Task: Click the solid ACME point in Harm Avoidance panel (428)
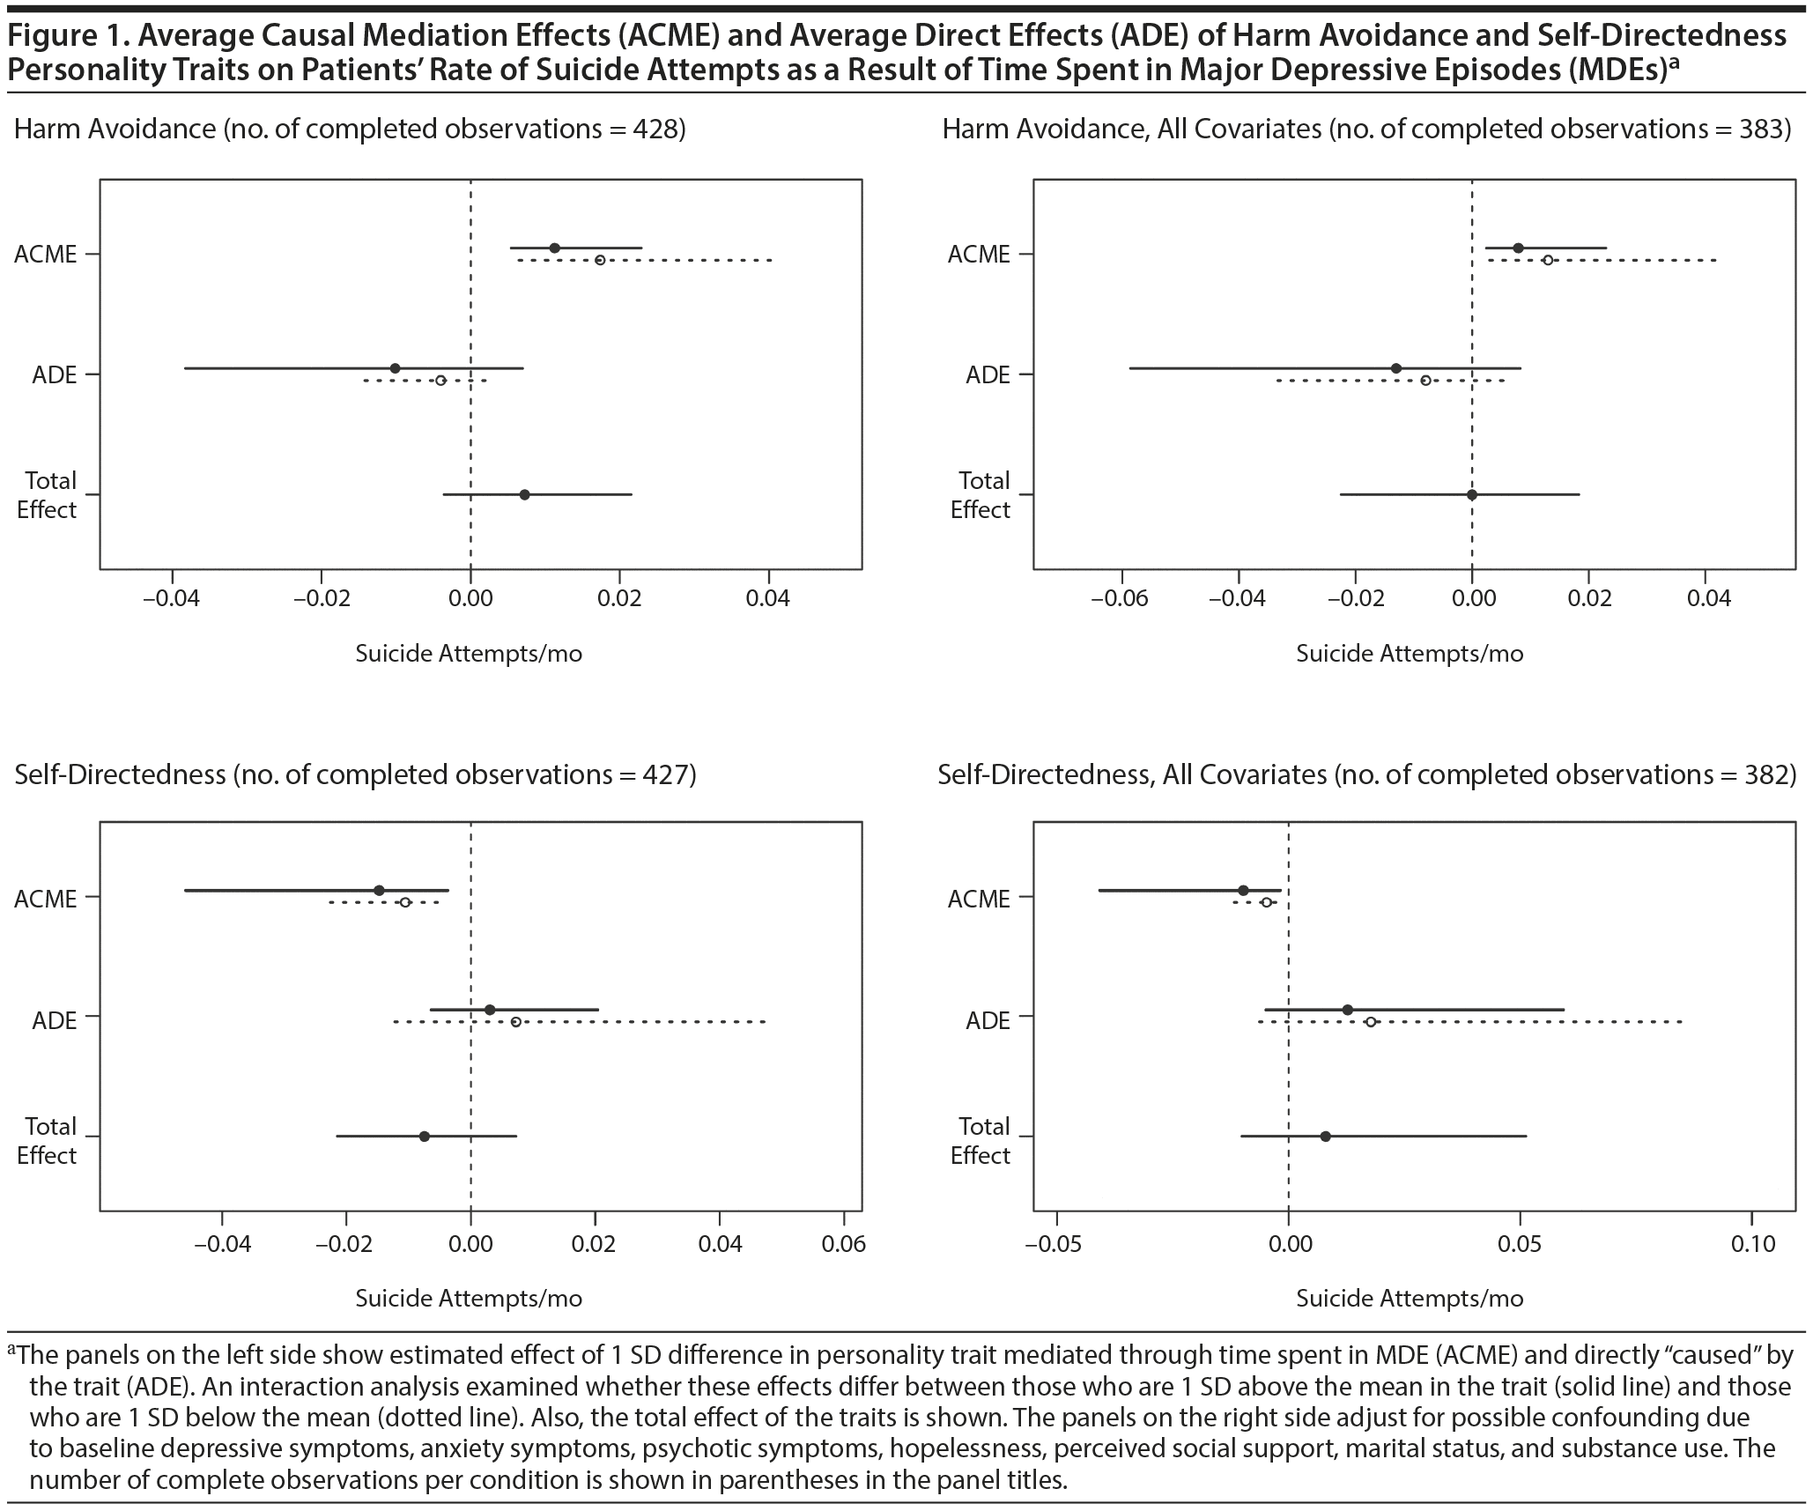click(x=554, y=248)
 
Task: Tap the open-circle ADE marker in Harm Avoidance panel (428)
click(x=440, y=381)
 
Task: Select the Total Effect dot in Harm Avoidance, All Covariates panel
click(x=1471, y=494)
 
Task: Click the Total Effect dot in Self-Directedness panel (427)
click(x=424, y=1137)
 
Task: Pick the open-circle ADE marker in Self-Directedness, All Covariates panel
click(x=1370, y=1022)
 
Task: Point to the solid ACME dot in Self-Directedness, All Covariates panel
click(x=1243, y=890)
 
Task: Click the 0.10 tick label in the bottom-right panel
click(x=1751, y=1244)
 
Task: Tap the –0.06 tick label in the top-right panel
click(x=1121, y=599)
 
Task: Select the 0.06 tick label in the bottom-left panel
click(x=844, y=1244)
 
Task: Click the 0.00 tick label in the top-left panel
click(x=470, y=599)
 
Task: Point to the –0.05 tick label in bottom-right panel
click(x=1054, y=1244)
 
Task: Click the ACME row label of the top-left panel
click(x=46, y=255)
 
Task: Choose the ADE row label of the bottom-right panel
click(x=988, y=1020)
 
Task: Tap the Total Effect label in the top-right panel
click(x=980, y=495)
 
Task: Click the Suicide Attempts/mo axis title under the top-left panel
click(x=469, y=654)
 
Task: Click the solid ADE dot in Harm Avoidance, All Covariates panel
click(x=1395, y=368)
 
